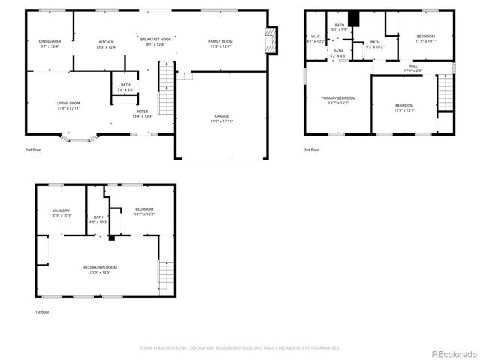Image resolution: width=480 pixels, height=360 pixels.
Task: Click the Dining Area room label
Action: click(x=49, y=43)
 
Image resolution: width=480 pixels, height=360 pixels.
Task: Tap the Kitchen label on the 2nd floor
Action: click(x=105, y=43)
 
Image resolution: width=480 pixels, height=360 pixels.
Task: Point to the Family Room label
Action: click(x=220, y=43)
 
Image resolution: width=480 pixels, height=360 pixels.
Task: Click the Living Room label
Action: click(x=68, y=105)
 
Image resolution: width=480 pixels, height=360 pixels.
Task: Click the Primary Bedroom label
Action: click(x=338, y=100)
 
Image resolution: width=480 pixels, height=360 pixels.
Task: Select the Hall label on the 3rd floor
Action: click(x=413, y=67)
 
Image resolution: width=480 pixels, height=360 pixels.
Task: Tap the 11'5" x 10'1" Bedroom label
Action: click(x=425, y=38)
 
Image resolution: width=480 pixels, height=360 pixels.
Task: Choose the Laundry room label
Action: click(x=61, y=213)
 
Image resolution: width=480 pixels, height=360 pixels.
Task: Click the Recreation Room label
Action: click(x=100, y=269)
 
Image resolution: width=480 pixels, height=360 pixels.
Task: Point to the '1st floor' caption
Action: click(x=42, y=312)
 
